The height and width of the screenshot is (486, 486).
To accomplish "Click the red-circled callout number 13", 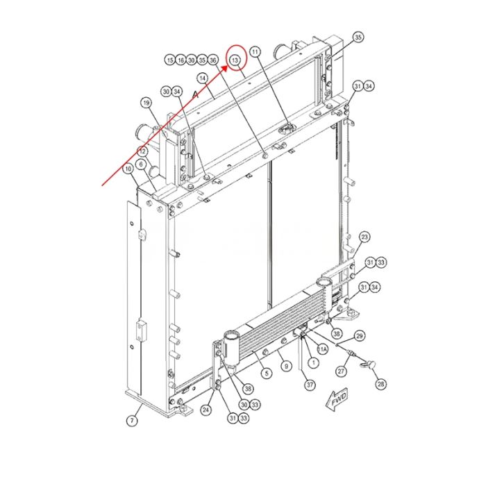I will (236, 61).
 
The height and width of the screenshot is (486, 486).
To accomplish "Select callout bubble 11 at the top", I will (255, 52).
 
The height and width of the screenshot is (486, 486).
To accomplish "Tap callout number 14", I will (203, 78).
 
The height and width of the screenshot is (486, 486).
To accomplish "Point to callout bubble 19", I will (146, 103).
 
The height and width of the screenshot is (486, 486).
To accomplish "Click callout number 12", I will (142, 151).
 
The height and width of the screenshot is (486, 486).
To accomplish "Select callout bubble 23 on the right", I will (364, 237).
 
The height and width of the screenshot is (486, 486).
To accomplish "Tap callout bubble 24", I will (206, 410).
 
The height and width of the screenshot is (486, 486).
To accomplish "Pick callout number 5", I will (266, 374).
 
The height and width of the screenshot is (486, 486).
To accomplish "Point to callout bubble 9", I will (285, 365).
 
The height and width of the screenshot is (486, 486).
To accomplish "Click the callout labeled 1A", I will (323, 349).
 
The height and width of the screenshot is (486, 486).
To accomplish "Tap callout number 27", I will (342, 371).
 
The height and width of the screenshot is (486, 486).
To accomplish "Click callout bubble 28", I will (380, 383).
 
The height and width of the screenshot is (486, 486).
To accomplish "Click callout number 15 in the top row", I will (170, 61).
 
